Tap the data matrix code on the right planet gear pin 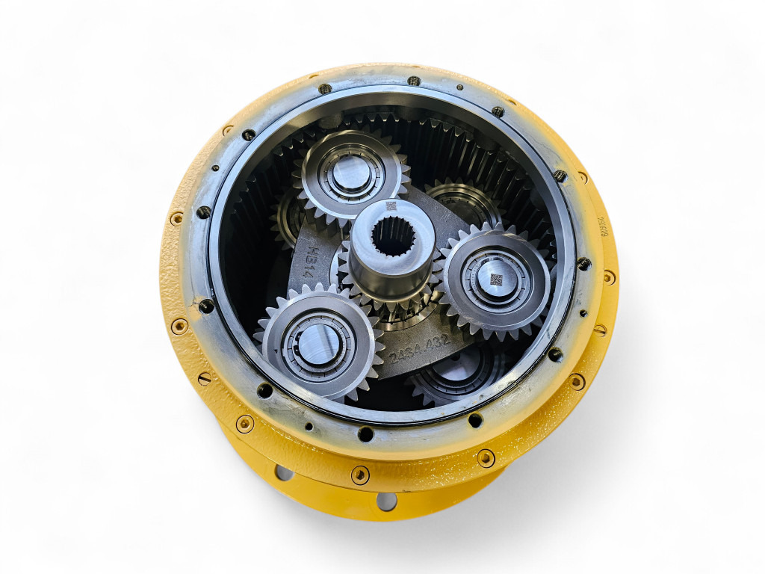pyautogui.click(x=495, y=280)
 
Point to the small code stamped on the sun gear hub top pyautogui.click(x=389, y=206)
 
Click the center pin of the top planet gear pyautogui.click(x=350, y=173)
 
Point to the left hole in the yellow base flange pyautogui.click(x=284, y=472)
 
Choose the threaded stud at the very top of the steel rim pyautogui.click(x=413, y=80)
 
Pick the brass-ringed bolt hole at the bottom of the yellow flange pyautogui.click(x=360, y=474)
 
